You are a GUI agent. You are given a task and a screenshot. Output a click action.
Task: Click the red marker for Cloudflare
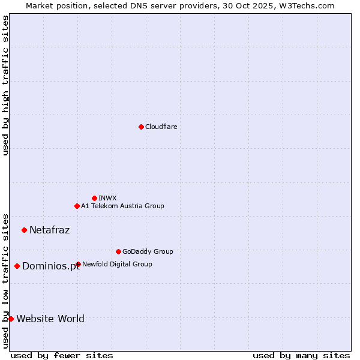(141, 127)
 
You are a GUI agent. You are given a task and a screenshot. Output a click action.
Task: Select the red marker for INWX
(94, 198)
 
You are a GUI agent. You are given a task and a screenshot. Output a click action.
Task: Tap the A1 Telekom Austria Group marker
(77, 206)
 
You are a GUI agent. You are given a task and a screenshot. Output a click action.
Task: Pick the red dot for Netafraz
(24, 230)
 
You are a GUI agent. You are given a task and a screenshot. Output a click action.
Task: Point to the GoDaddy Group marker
(118, 251)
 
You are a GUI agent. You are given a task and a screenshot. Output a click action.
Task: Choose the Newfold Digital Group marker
(78, 264)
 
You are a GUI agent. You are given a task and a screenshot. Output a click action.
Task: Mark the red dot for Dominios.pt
(17, 266)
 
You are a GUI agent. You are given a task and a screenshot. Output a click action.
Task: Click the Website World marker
(11, 319)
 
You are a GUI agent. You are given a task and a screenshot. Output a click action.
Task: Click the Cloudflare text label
(161, 127)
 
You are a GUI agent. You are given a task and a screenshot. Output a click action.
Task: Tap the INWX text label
(107, 198)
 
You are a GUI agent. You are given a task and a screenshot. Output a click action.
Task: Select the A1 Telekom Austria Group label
(122, 206)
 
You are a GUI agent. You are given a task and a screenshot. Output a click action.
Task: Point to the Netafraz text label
(49, 230)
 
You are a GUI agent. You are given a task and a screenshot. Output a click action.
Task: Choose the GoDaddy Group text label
(148, 251)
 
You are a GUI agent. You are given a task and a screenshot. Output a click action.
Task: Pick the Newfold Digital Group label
(117, 264)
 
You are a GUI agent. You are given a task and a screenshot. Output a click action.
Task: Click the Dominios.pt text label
(51, 266)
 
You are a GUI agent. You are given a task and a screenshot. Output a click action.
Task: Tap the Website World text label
(50, 319)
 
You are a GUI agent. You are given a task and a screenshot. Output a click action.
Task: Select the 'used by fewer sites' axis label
(62, 355)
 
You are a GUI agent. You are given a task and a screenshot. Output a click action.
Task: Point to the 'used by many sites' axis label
(301, 355)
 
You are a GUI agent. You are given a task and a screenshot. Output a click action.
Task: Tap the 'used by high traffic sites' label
(5, 85)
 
